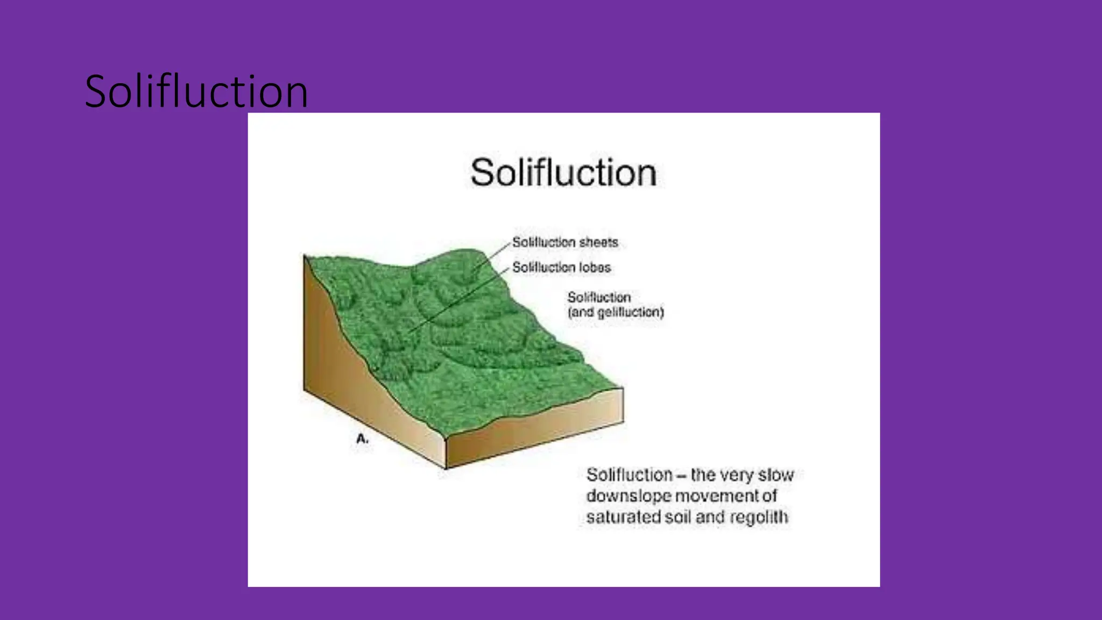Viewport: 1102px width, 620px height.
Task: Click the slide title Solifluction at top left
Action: [x=196, y=91]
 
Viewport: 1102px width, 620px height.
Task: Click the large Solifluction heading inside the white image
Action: [x=563, y=173]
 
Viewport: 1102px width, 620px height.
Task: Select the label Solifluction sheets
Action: [x=565, y=243]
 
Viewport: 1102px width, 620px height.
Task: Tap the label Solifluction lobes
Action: [x=561, y=267]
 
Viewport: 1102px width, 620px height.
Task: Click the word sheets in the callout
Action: [x=598, y=243]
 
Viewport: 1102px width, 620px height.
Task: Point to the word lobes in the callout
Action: [x=595, y=267]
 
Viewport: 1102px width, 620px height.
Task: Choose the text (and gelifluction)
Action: [x=616, y=312]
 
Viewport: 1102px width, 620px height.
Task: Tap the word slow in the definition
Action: [x=776, y=475]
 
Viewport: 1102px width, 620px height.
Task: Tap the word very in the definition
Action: [x=737, y=475]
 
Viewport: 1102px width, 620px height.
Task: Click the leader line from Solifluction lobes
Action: [x=457, y=301]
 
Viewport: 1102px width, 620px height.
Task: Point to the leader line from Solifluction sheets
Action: [x=492, y=255]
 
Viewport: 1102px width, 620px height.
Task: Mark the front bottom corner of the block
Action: [x=446, y=468]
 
